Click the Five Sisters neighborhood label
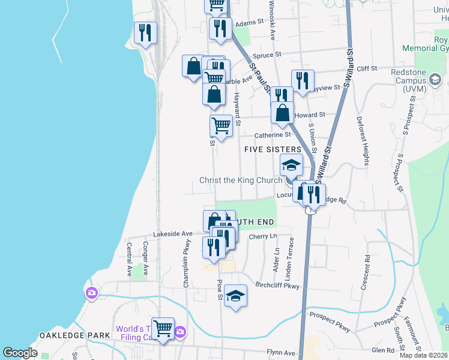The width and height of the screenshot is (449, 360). coord(272,149)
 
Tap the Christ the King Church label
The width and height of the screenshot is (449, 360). coord(241,181)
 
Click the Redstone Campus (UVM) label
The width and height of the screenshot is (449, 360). coord(424,80)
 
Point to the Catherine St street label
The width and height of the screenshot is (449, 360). coord(273,135)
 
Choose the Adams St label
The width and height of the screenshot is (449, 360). coord(250,23)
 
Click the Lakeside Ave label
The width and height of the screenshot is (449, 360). coord(172,233)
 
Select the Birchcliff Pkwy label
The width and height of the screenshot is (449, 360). coord(277,286)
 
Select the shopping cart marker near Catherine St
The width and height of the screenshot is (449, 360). coord(221,126)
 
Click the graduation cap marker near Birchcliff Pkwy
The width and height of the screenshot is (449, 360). coord(236,295)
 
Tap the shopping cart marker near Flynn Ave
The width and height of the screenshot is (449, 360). coord(163,328)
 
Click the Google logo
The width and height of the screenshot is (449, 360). coord(20,353)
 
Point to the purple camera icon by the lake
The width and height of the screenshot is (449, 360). coord(91,293)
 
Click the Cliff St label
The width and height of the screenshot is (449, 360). coord(366,69)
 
